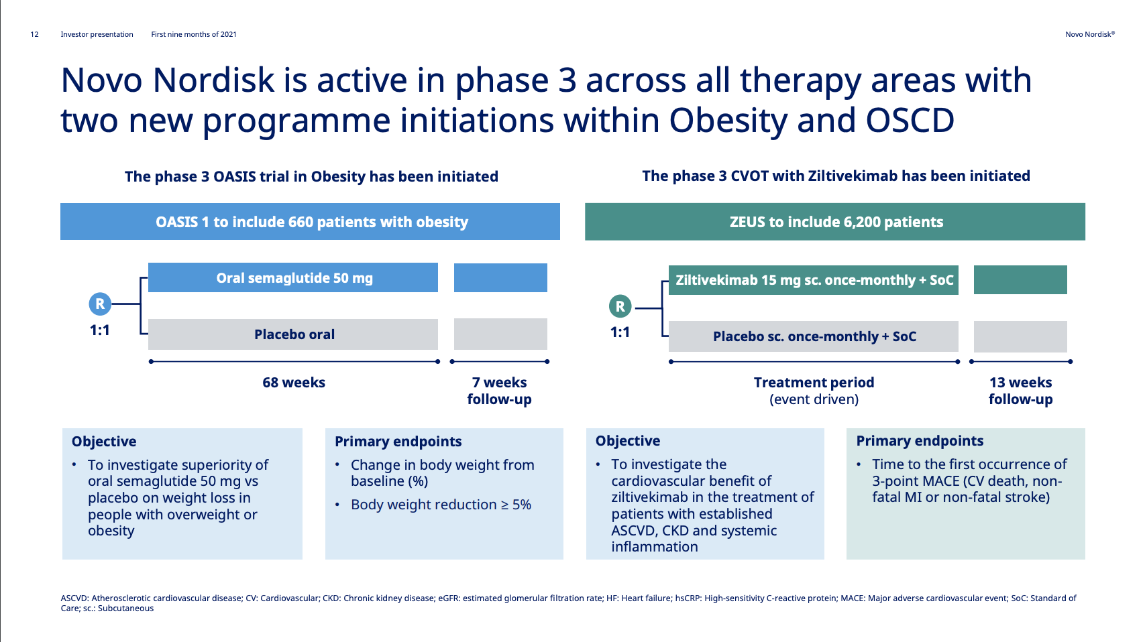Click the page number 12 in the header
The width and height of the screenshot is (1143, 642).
(x=34, y=34)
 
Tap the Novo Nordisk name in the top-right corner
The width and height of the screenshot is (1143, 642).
(x=1090, y=34)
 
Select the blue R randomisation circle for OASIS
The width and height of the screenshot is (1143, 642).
(x=100, y=304)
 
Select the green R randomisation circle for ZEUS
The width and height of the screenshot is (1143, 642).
(x=620, y=306)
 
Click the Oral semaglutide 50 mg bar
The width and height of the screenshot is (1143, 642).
(x=293, y=277)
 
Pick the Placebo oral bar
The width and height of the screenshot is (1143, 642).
(x=293, y=334)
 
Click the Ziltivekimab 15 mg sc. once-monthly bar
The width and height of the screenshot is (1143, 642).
(x=814, y=280)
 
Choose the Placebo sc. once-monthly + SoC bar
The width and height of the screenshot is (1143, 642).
(x=814, y=336)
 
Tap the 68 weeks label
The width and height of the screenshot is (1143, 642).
(x=293, y=383)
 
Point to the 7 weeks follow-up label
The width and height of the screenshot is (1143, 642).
(x=500, y=391)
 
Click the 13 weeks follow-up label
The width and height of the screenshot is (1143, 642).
(x=1020, y=391)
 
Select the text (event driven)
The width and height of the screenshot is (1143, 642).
(x=814, y=399)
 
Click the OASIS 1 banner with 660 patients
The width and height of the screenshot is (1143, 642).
(x=311, y=221)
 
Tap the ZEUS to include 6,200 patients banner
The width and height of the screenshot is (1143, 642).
(x=835, y=221)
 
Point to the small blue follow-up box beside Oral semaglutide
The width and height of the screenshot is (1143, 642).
(x=500, y=277)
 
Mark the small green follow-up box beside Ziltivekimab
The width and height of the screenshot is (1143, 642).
(x=1020, y=279)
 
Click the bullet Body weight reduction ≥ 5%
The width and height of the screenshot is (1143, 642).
(x=441, y=505)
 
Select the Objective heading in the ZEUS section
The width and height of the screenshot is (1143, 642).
(x=628, y=440)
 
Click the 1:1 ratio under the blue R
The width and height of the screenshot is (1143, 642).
(x=100, y=330)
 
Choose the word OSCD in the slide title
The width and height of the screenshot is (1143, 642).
(x=910, y=121)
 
